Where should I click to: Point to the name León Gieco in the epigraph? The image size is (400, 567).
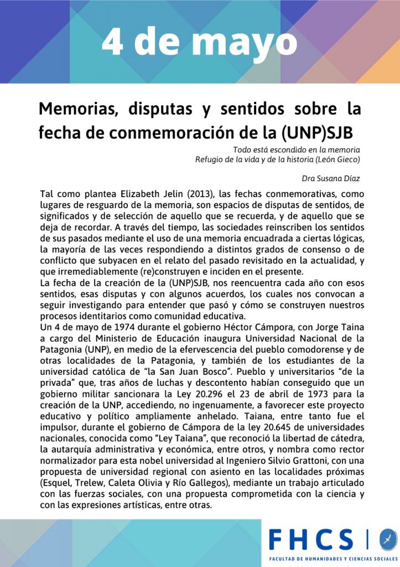pyautogui.click(x=333, y=160)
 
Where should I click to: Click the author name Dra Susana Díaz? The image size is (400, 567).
pyautogui.click(x=331, y=179)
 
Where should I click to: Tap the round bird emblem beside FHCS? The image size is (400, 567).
pyautogui.click(x=388, y=540)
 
